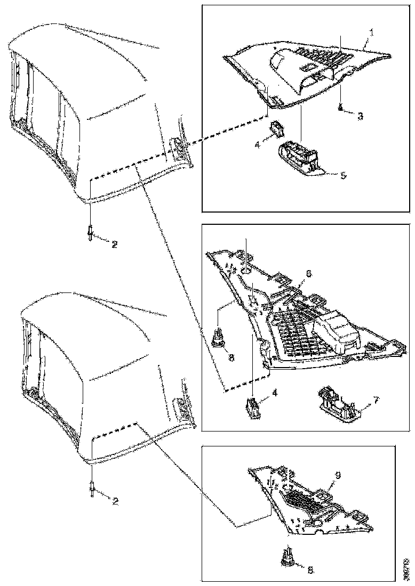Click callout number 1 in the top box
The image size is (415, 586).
tap(371, 32)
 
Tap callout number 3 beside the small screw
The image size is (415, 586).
tap(361, 115)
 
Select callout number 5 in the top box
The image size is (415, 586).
tap(343, 175)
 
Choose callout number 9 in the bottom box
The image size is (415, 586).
tap(338, 474)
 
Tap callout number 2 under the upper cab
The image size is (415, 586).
tap(114, 245)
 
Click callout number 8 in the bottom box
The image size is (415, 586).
tap(311, 569)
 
